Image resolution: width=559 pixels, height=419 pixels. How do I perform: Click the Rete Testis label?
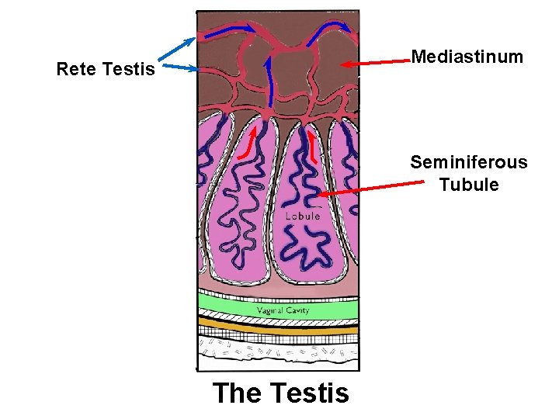tap(106, 70)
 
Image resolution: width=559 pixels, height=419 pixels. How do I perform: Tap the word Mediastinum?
tap(467, 57)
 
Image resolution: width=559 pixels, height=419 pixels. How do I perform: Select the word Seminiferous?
tap(468, 162)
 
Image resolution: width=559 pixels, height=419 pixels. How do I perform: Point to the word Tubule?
tap(468, 185)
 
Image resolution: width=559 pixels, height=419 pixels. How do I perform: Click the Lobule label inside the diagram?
tap(302, 216)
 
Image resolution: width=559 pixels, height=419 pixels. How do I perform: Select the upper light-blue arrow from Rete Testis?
tap(177, 49)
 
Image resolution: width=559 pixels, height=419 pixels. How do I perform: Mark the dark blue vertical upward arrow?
tap(269, 84)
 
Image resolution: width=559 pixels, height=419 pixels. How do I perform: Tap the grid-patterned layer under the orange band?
tap(278, 339)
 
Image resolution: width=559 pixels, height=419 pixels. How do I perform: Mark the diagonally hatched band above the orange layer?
tap(278, 319)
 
